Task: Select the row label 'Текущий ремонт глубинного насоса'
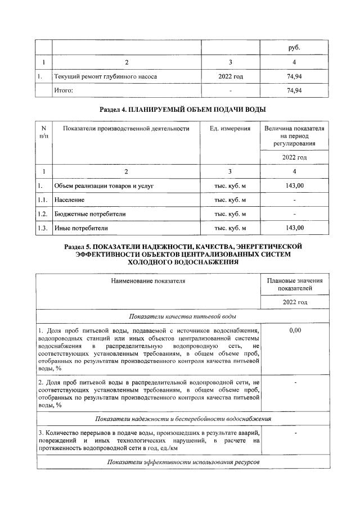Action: (x=105, y=76)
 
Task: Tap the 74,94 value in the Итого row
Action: (x=295, y=90)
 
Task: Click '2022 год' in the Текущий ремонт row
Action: (x=231, y=76)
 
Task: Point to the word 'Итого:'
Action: (x=64, y=90)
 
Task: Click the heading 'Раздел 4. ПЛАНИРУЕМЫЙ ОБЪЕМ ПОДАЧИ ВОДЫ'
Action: (x=182, y=108)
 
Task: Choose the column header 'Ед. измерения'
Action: (x=230, y=129)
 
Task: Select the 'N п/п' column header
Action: (x=44, y=133)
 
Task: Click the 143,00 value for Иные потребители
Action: (x=295, y=228)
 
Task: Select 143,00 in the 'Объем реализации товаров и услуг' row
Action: (x=295, y=185)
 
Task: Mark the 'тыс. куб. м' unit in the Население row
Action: (x=230, y=199)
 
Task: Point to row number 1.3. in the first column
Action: (x=43, y=228)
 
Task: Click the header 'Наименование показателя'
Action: (x=148, y=280)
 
